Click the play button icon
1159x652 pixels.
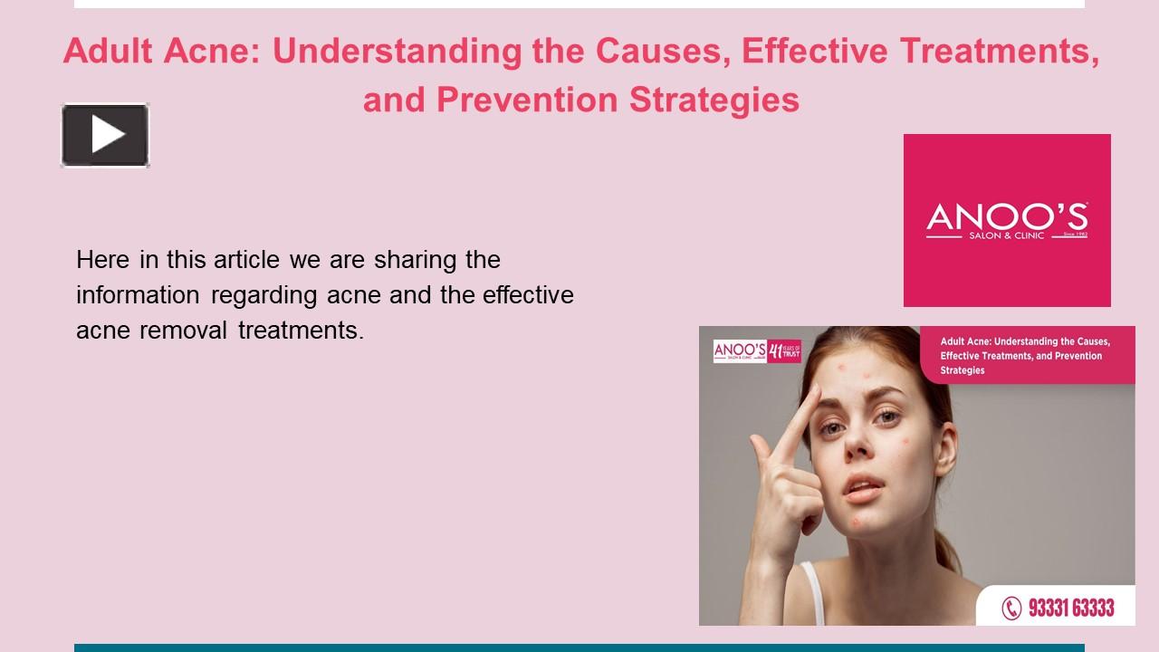[105, 135]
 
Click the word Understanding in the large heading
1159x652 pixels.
[398, 52]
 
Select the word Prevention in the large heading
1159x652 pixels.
[528, 99]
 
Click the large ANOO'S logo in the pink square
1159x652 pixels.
[1007, 220]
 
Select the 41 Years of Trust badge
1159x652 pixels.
[784, 350]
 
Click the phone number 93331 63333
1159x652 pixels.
[1071, 608]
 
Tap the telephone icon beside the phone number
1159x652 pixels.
[1011, 608]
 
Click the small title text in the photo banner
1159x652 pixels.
[1023, 356]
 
